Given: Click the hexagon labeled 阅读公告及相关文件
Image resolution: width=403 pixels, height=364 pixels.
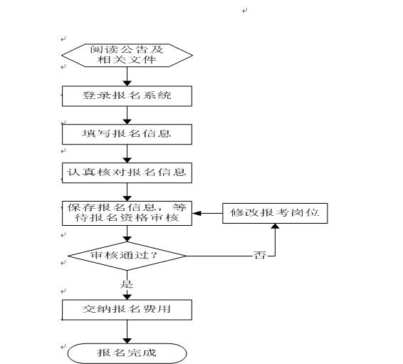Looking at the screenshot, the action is click(x=127, y=56).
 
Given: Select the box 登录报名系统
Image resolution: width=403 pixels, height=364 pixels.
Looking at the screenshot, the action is click(x=127, y=96).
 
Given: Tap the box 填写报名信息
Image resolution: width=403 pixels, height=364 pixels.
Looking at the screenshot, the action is click(x=127, y=134).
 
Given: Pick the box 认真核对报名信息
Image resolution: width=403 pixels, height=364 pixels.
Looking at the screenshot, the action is click(x=127, y=173).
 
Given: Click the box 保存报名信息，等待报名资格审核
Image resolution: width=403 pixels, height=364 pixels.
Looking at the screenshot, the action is click(x=127, y=214).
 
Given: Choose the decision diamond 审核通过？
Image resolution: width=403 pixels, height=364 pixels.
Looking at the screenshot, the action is click(x=127, y=256).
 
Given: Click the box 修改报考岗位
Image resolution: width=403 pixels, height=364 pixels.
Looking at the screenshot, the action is click(x=275, y=214).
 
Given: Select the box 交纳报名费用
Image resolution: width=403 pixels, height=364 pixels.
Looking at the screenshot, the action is click(x=127, y=310).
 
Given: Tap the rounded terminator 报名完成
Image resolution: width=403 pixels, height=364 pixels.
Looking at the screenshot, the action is click(x=127, y=353).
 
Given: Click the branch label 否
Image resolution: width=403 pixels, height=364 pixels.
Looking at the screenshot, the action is click(x=259, y=255).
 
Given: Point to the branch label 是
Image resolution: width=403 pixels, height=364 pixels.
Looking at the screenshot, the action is click(x=127, y=284).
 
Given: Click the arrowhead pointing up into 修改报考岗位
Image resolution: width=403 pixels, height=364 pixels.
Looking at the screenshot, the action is click(x=276, y=226).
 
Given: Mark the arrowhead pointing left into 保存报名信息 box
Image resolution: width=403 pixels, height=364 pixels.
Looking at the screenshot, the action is click(x=197, y=214).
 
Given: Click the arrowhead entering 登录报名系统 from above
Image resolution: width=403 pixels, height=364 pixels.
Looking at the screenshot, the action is click(x=127, y=83).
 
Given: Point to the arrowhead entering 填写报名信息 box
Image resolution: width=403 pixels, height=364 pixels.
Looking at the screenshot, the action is click(x=127, y=121).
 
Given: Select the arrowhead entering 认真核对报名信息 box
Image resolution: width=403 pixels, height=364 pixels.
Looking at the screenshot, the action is click(x=127, y=160).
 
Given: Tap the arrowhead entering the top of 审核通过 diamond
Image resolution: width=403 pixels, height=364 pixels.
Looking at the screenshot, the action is click(x=127, y=239).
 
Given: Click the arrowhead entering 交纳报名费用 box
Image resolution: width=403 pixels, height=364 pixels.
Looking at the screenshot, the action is click(x=127, y=296).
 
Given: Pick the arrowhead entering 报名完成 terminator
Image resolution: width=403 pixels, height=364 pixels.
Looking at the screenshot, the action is click(x=127, y=340).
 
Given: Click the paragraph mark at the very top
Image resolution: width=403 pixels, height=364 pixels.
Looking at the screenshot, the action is click(x=244, y=11).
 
